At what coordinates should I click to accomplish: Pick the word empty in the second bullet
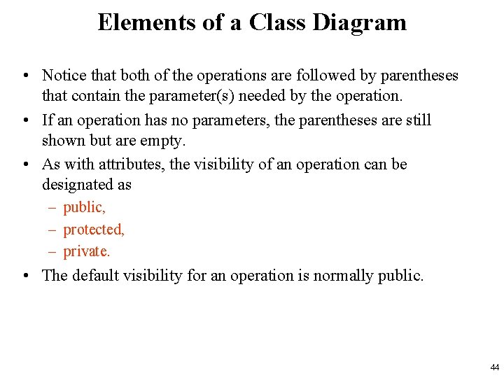click(162, 140)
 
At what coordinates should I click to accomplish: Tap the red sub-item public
click(84, 208)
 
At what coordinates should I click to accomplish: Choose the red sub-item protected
click(93, 230)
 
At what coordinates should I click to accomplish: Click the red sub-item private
click(87, 251)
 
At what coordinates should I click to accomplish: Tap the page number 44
click(495, 367)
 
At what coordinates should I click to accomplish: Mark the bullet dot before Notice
click(24, 76)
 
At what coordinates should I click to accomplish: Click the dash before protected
click(53, 230)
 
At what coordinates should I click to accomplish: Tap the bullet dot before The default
click(24, 276)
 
